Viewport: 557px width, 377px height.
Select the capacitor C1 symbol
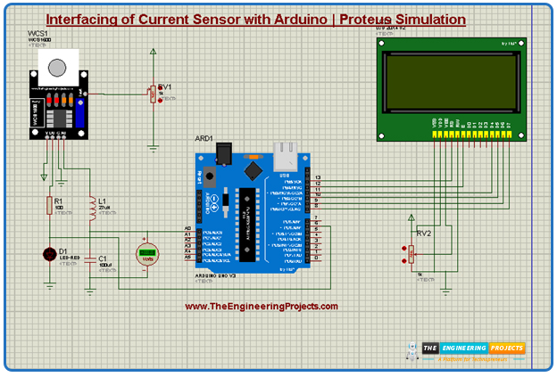click(90, 260)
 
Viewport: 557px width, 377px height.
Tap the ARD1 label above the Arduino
click(204, 139)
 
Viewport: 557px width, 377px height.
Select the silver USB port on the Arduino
click(286, 155)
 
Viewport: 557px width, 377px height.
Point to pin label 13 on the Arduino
click(317, 177)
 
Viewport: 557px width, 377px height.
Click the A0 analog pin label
click(187, 229)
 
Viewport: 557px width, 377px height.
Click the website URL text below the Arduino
click(262, 307)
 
